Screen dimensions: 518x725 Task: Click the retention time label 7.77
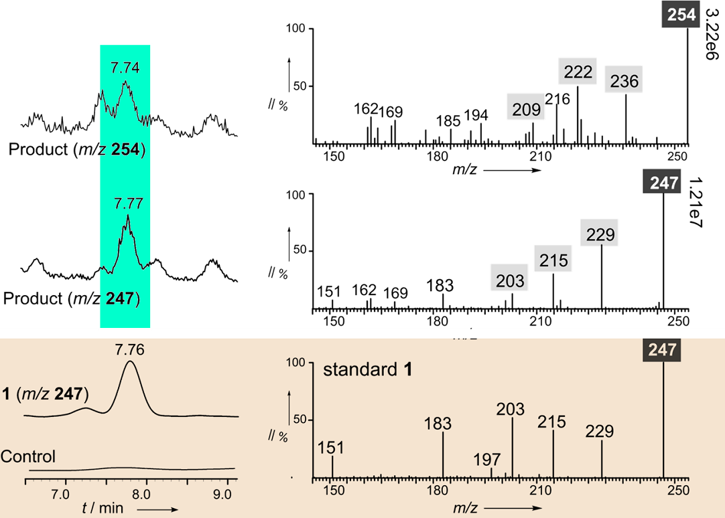(x=127, y=203)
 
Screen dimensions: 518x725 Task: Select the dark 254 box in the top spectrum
(x=681, y=15)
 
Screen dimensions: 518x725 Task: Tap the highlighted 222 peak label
(x=578, y=72)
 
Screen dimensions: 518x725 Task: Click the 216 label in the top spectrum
(x=557, y=99)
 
